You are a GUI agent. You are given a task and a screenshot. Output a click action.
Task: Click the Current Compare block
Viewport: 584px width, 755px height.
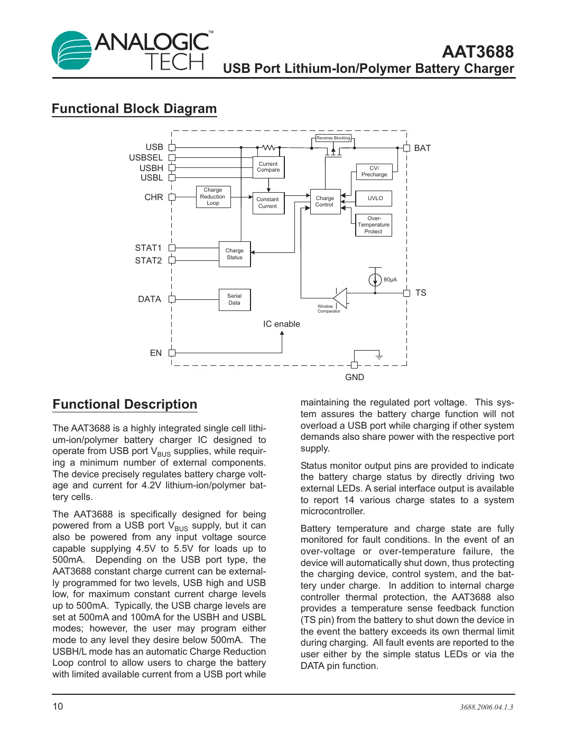click(x=268, y=167)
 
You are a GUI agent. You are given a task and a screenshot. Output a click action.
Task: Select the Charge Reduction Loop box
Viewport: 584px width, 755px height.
click(x=213, y=196)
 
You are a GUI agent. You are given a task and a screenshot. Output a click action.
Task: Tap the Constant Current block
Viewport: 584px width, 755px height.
click(x=268, y=203)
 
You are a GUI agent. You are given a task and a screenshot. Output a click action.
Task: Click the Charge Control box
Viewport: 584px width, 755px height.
click(x=325, y=202)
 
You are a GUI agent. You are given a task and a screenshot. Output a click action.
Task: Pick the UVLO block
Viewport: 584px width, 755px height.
click(x=374, y=199)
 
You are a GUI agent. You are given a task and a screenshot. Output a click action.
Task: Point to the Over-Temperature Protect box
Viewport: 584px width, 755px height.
click(x=373, y=225)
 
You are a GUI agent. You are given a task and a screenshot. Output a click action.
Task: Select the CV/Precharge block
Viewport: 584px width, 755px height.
click(x=374, y=172)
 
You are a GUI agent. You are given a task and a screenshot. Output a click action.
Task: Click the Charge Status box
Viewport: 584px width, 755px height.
click(x=235, y=254)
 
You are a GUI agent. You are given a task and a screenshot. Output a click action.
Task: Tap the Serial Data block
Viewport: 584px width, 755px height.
click(x=235, y=299)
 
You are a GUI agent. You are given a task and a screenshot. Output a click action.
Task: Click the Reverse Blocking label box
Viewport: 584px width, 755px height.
click(x=333, y=138)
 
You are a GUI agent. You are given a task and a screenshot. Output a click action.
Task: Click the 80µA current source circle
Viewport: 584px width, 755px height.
click(x=375, y=279)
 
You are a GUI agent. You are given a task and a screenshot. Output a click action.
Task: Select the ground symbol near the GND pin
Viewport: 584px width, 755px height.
click(x=379, y=357)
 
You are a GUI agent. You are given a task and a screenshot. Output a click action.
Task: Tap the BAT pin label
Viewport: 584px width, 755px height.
click(x=422, y=148)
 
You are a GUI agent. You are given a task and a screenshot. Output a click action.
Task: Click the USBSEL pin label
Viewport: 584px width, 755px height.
click(x=146, y=157)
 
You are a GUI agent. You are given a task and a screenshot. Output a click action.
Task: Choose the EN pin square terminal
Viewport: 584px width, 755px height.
click(x=172, y=353)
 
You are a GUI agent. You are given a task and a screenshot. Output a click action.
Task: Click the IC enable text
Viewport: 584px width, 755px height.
click(x=281, y=324)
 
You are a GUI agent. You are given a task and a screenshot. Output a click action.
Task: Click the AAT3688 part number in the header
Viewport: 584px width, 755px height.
click(x=477, y=52)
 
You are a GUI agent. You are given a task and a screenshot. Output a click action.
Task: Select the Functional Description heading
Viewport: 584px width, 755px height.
click(x=125, y=404)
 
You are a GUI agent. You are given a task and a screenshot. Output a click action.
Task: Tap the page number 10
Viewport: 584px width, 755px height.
click(x=58, y=706)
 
